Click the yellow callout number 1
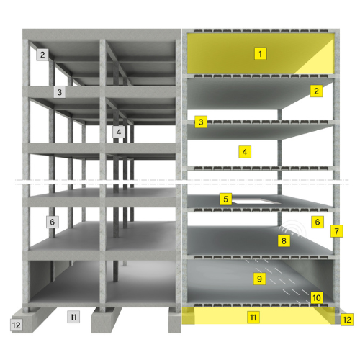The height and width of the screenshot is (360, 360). click(261, 53)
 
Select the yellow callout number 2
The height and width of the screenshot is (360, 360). click(316, 91)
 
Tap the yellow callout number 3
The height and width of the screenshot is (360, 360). click(201, 122)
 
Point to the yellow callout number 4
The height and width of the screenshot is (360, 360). click(245, 152)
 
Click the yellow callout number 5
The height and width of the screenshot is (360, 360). click(225, 199)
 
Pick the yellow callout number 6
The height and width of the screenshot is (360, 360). click(318, 222)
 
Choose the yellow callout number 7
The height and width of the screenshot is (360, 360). click(336, 231)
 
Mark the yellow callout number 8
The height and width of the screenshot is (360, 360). click(284, 240)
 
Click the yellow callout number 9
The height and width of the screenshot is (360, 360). click(259, 279)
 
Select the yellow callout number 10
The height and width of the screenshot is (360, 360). click(317, 297)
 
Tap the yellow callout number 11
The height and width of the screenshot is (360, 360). click(253, 318)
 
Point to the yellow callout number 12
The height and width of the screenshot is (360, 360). click(347, 320)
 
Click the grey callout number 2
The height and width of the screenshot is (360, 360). click(42, 55)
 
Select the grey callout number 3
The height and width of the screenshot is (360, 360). click(60, 92)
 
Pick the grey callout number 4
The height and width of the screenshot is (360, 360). click(119, 132)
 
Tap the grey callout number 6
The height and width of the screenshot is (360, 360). click(53, 222)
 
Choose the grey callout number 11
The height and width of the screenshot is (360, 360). click(73, 317)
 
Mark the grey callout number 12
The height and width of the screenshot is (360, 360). click(17, 325)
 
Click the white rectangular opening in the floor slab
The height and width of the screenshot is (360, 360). click(257, 201)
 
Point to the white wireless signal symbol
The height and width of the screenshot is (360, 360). click(294, 229)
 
